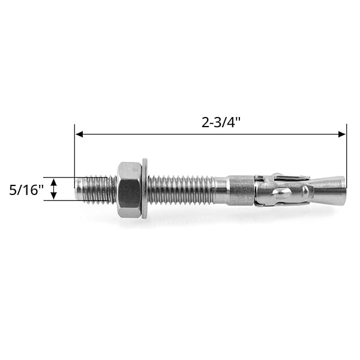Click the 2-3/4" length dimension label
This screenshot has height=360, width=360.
pyautogui.click(x=221, y=122)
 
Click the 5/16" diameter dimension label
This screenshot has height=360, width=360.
pyautogui.click(x=26, y=190)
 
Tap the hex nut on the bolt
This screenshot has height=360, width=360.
pyautogui.click(x=129, y=190)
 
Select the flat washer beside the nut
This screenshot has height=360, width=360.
pyautogui.click(x=145, y=188)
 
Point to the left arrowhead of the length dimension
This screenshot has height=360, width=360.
pyautogui.click(x=79, y=134)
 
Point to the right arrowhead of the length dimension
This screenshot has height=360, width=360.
pyautogui.click(x=342, y=134)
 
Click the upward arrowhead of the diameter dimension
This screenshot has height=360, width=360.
pyautogui.click(x=53, y=182)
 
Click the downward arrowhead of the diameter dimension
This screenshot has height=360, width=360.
pyautogui.click(x=53, y=196)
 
